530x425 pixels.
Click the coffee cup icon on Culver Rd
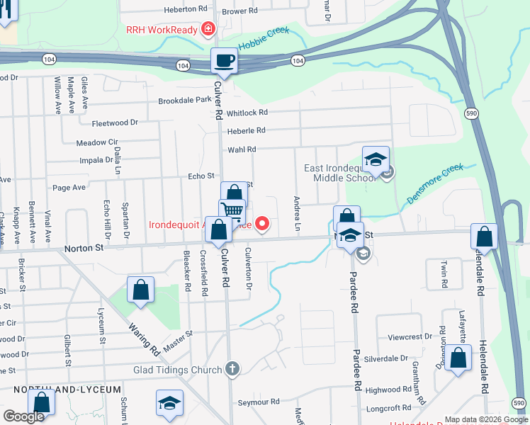(x=225, y=61)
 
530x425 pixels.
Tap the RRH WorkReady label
(x=162, y=29)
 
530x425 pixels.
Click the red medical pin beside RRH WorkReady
(x=208, y=29)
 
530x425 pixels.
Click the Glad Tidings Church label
(x=178, y=370)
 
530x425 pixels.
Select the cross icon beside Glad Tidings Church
(x=231, y=369)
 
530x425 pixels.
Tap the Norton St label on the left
(x=84, y=248)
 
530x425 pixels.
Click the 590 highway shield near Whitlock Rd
(x=472, y=113)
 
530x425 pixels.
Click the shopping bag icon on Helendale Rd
(x=487, y=236)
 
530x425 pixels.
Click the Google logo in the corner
(x=23, y=416)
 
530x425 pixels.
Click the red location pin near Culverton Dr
(x=262, y=225)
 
